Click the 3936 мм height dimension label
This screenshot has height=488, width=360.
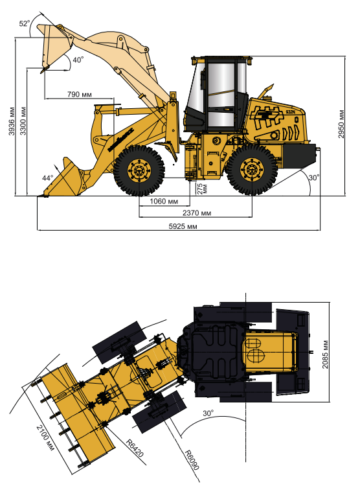pos(12,121)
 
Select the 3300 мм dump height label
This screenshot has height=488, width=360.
pos(23,121)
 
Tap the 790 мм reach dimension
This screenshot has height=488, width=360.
pos(80,95)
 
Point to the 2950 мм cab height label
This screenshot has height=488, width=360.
pos(341,124)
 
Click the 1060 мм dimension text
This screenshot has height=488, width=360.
pos(164,202)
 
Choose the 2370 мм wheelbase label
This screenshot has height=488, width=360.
pos(197,213)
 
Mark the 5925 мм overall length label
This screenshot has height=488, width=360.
pos(183,226)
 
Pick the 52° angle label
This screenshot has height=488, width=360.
pos(25,23)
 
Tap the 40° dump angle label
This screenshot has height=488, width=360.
pos(78,60)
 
